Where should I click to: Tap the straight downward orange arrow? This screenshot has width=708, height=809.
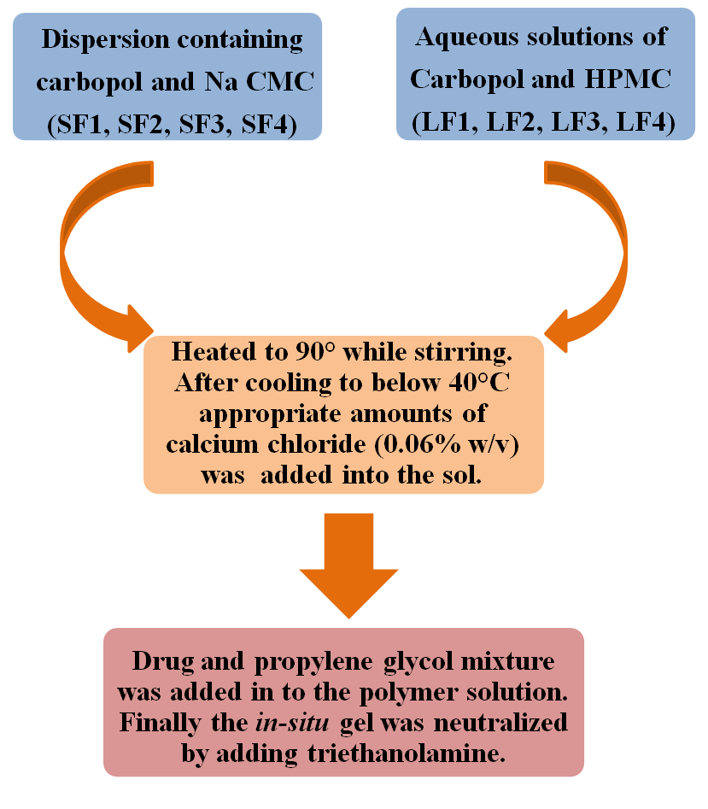click(x=348, y=564)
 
